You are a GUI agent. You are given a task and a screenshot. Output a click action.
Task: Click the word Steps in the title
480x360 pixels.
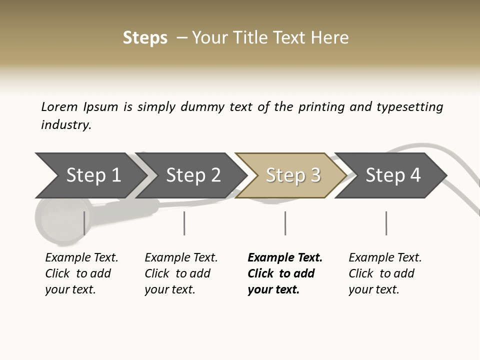click(x=145, y=38)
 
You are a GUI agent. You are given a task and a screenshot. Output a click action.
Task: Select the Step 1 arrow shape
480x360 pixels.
click(x=90, y=175)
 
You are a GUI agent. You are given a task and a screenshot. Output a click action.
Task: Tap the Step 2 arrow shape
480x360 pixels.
click(x=192, y=175)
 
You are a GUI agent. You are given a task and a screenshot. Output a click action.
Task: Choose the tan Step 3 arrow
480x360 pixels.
click(x=292, y=175)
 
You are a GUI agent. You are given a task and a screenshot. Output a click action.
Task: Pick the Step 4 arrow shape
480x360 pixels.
click(x=392, y=175)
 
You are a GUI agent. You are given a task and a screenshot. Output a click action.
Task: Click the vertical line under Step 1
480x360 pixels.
click(x=84, y=223)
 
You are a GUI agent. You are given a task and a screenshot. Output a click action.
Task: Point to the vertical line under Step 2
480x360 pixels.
click(x=184, y=223)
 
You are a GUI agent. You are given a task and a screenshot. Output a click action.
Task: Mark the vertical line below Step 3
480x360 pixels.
click(x=285, y=223)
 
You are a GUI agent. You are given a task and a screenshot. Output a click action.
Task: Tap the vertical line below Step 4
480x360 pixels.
click(x=386, y=223)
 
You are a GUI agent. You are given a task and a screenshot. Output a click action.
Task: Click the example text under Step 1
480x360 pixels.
click(x=81, y=273)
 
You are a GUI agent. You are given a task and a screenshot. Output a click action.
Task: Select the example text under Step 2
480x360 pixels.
click(x=181, y=273)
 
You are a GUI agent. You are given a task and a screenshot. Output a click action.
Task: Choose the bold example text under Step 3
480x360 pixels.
click(x=285, y=273)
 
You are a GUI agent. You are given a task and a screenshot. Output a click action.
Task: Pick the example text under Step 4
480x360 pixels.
click(x=385, y=273)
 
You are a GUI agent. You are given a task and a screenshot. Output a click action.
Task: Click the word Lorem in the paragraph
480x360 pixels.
click(x=59, y=107)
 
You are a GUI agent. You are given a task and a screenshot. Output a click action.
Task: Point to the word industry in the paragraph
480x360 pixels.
click(x=66, y=125)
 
